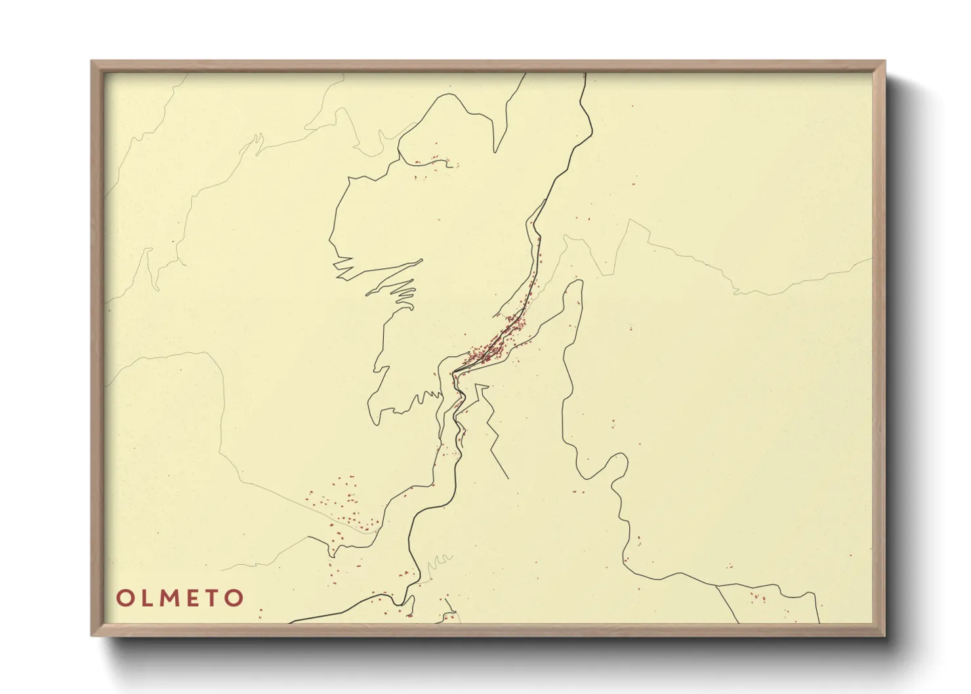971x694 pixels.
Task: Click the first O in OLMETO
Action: point(125,598)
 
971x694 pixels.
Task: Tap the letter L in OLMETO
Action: point(146,598)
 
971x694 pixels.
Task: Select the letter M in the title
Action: point(170,598)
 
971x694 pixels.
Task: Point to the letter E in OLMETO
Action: point(194,598)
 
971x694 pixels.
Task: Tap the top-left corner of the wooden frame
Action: point(92,62)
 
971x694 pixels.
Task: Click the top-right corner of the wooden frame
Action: point(884,62)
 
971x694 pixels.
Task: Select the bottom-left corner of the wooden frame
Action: point(92,635)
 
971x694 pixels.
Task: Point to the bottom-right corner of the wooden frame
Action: point(884,635)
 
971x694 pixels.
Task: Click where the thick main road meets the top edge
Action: point(584,74)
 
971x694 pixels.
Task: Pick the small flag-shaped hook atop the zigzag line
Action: point(482,389)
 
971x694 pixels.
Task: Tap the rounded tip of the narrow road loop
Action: point(577,283)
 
